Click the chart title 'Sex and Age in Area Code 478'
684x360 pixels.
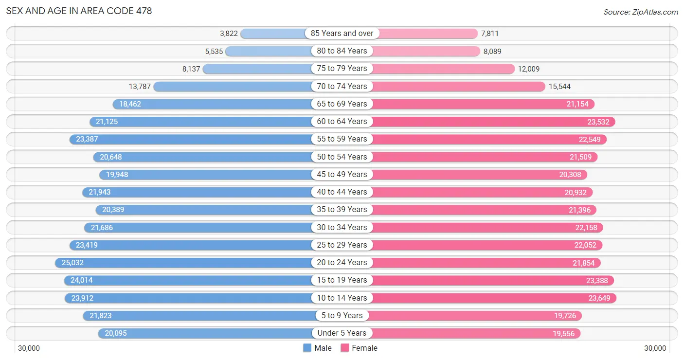click(x=79, y=11)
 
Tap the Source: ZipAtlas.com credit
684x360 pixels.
click(x=641, y=12)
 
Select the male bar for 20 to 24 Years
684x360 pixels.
click(x=183, y=263)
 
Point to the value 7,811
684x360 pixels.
click(x=489, y=34)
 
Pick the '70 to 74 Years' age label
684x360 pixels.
click(x=342, y=87)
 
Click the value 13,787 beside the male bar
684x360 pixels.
click(x=140, y=87)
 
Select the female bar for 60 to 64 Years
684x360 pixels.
click(x=494, y=122)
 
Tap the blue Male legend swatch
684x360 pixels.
click(x=307, y=348)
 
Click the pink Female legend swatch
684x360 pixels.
click(x=345, y=348)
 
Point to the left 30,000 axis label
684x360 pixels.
click(x=29, y=348)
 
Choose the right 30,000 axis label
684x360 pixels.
click(x=655, y=348)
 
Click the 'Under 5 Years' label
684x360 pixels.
click(x=342, y=333)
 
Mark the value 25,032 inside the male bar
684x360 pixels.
click(x=72, y=263)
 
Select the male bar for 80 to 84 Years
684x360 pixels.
click(x=269, y=51)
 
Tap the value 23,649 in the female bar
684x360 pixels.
click(x=599, y=298)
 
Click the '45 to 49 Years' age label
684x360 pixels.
click(x=342, y=174)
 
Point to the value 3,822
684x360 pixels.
click(x=229, y=34)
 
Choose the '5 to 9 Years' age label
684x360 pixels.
click(x=342, y=315)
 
